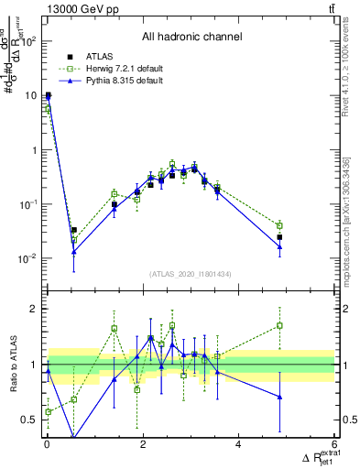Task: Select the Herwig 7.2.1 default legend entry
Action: pyautogui.click(x=114, y=69)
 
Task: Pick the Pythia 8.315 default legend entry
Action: pyautogui.click(x=112, y=82)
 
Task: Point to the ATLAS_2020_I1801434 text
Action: pyautogui.click(x=191, y=275)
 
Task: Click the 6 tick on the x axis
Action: pyautogui.click(x=334, y=446)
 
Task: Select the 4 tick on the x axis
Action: pyautogui.click(x=238, y=446)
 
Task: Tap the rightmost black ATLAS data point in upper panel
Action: pyautogui.click(x=279, y=237)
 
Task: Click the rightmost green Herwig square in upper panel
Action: pyautogui.click(x=279, y=225)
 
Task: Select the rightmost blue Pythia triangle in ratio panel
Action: pyautogui.click(x=279, y=397)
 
